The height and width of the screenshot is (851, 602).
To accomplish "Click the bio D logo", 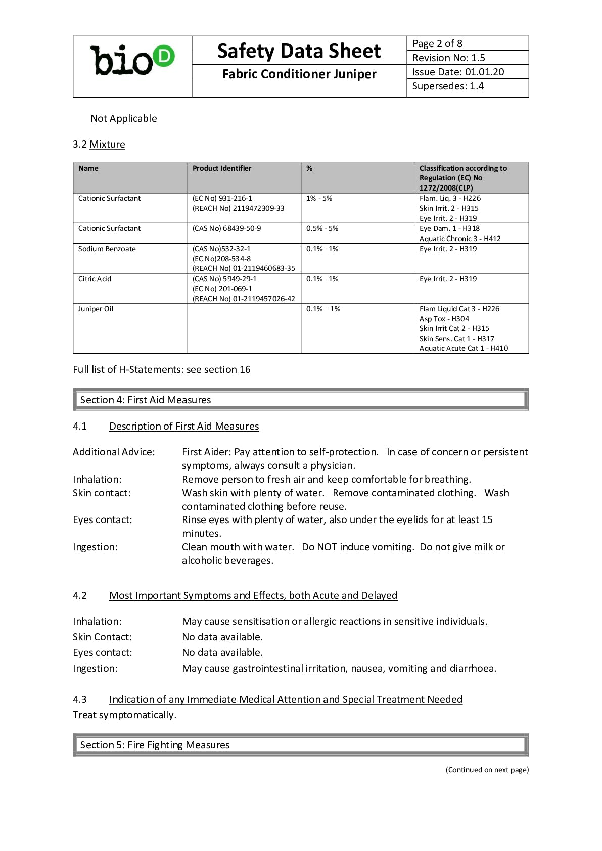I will tap(132, 61).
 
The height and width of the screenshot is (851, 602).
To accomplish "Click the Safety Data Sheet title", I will tap(299, 51).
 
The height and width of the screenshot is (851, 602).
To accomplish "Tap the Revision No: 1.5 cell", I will tap(448, 58).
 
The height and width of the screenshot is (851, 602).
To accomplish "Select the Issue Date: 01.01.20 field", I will tap(458, 72).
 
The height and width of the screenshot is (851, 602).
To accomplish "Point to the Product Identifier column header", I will tap(221, 168).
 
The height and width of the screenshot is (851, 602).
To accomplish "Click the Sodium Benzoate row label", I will tap(107, 249).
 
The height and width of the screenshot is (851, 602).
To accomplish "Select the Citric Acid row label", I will tap(95, 279).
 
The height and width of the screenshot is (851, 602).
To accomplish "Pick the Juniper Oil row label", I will tap(96, 309).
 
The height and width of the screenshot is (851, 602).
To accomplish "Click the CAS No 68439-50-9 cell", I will tap(226, 228).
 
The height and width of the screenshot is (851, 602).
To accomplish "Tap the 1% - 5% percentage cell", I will tap(319, 198).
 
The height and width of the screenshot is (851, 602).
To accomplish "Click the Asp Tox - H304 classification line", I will tap(444, 319).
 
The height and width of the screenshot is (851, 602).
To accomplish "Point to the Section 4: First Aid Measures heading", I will tap(146, 400).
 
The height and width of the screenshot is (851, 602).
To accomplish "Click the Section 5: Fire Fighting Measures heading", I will tap(155, 745).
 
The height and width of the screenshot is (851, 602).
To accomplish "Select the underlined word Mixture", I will tap(107, 144).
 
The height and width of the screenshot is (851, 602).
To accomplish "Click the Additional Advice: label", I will tap(114, 452).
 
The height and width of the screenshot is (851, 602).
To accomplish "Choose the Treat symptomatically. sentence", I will tap(124, 715).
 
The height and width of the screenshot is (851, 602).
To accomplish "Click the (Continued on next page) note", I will tap(487, 770).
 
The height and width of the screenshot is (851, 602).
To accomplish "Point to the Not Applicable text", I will tap(124, 118).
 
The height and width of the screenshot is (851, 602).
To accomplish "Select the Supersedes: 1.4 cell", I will tap(448, 86).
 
